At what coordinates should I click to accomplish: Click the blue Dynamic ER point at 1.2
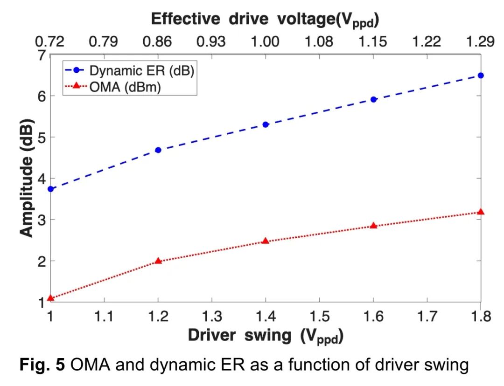(158, 150)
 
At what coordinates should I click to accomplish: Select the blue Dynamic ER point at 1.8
(481, 76)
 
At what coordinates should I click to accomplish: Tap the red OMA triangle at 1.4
(266, 241)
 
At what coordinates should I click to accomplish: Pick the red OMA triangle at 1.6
(373, 225)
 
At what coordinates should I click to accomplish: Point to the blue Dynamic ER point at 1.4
(266, 124)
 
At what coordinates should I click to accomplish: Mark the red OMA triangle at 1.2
(158, 261)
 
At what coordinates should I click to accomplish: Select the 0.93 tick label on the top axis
(211, 42)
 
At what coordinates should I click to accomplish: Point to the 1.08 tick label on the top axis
(319, 42)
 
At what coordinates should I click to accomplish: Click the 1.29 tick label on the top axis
(480, 42)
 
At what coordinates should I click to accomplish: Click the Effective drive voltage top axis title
(265, 20)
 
